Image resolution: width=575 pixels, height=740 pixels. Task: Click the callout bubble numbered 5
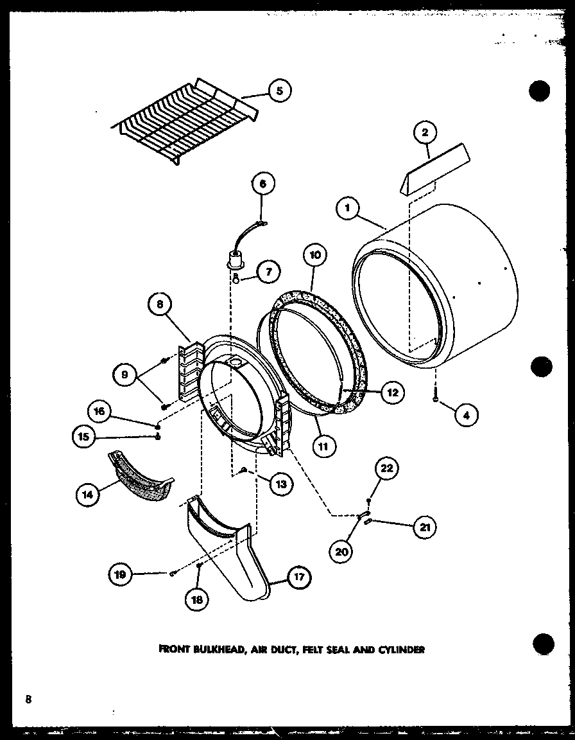(x=279, y=91)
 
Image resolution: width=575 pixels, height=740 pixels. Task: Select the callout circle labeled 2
(x=425, y=133)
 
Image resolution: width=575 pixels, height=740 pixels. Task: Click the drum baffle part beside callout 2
(x=433, y=169)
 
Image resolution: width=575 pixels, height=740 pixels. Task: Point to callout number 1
(x=347, y=207)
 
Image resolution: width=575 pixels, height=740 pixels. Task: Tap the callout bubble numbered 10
(x=314, y=255)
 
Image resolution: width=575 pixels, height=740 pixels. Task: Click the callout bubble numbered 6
(x=261, y=183)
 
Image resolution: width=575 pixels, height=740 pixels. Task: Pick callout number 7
(x=268, y=272)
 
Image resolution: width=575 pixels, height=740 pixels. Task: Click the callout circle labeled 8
(x=159, y=305)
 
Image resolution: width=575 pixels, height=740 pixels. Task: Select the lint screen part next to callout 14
(x=142, y=477)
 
